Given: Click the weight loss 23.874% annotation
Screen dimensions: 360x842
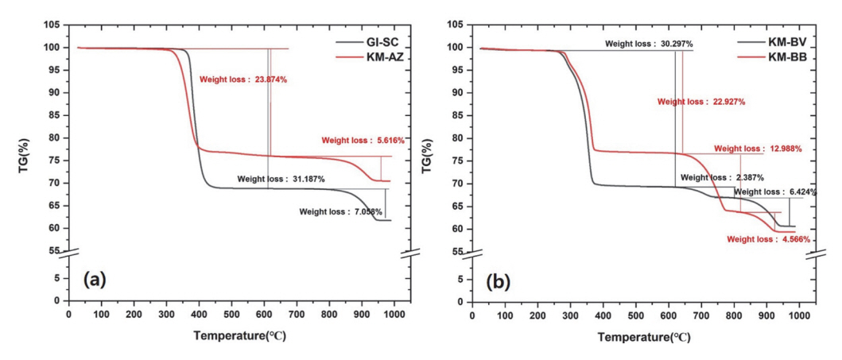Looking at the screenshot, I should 243,79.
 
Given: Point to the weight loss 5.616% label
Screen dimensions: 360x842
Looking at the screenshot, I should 363,141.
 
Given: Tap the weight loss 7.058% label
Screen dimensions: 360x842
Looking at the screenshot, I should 341,212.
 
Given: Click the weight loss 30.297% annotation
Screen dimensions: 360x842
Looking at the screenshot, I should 648,45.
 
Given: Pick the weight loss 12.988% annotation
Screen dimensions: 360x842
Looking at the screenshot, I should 757,149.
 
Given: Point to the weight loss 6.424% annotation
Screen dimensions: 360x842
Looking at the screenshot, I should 774,192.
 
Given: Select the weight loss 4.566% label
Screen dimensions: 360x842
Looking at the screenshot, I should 768,238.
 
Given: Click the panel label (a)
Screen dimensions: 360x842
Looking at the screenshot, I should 95,280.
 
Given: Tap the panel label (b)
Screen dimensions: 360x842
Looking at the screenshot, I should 498,280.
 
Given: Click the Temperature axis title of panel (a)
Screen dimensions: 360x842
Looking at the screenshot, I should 239,336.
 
